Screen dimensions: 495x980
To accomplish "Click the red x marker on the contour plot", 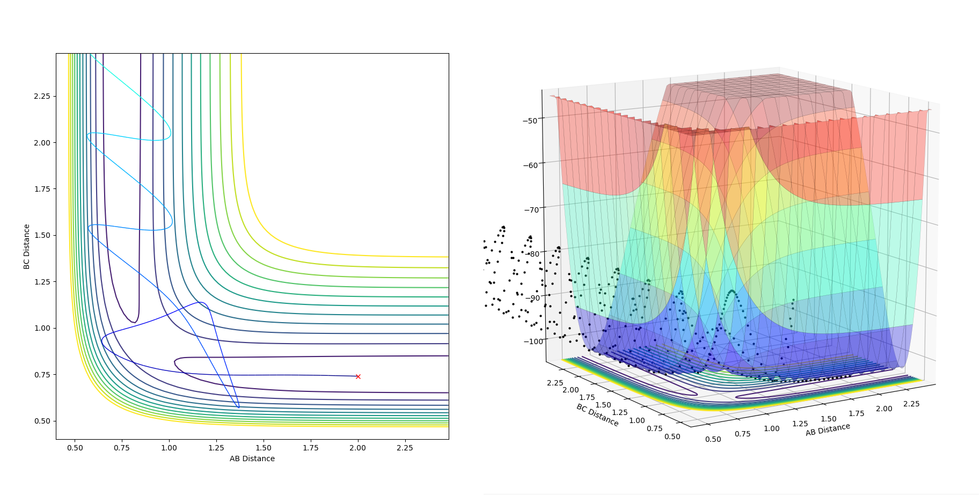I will coord(358,376).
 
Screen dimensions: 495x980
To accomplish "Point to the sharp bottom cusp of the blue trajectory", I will coord(239,407).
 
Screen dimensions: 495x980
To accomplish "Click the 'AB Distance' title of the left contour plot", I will coord(252,458).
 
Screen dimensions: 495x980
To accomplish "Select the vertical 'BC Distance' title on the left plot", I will coord(26,246).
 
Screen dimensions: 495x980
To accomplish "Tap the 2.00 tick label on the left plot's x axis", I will coord(358,448).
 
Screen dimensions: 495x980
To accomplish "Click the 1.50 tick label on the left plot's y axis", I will coord(42,235).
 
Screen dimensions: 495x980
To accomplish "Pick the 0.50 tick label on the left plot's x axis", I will coord(75,448).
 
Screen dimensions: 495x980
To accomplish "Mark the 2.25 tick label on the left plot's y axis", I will coord(42,96).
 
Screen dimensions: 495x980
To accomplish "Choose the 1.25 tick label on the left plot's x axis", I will coord(216,448).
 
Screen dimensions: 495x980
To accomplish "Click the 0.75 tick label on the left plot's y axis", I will coord(42,374).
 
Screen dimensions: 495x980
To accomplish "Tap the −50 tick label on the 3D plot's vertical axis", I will coord(530,120).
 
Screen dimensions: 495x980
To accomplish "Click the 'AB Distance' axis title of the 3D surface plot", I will coord(828,430).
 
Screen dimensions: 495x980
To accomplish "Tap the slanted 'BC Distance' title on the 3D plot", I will coord(597,415).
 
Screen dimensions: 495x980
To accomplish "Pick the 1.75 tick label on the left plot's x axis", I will coord(311,448).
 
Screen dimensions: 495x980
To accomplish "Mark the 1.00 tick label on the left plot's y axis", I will coord(42,328).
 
